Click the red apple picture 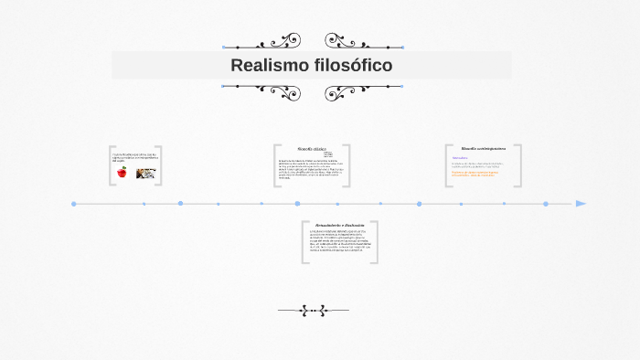click(122, 172)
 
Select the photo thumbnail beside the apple click(145, 172)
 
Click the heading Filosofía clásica click(312, 148)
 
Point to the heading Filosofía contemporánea click(484, 148)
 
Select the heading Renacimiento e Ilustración click(339, 225)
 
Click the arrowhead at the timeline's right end click(581, 204)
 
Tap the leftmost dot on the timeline click(74, 204)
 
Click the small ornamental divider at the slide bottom click(313, 311)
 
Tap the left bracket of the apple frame click(111, 165)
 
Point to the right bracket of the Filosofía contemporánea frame click(519, 165)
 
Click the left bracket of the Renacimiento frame click(304, 242)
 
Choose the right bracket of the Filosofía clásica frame click(347, 165)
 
